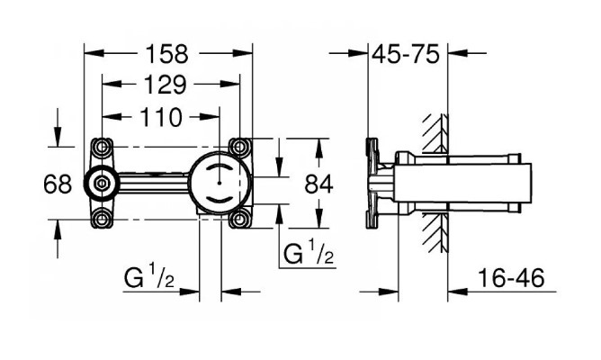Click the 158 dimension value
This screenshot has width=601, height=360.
click(x=168, y=53)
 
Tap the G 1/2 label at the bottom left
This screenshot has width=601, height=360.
click(x=149, y=280)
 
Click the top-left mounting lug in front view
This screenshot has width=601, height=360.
click(x=101, y=147)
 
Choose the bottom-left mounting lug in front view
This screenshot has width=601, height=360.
click(x=101, y=217)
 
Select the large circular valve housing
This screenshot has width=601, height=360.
click(x=218, y=182)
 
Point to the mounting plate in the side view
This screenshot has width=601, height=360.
click(x=370, y=183)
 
